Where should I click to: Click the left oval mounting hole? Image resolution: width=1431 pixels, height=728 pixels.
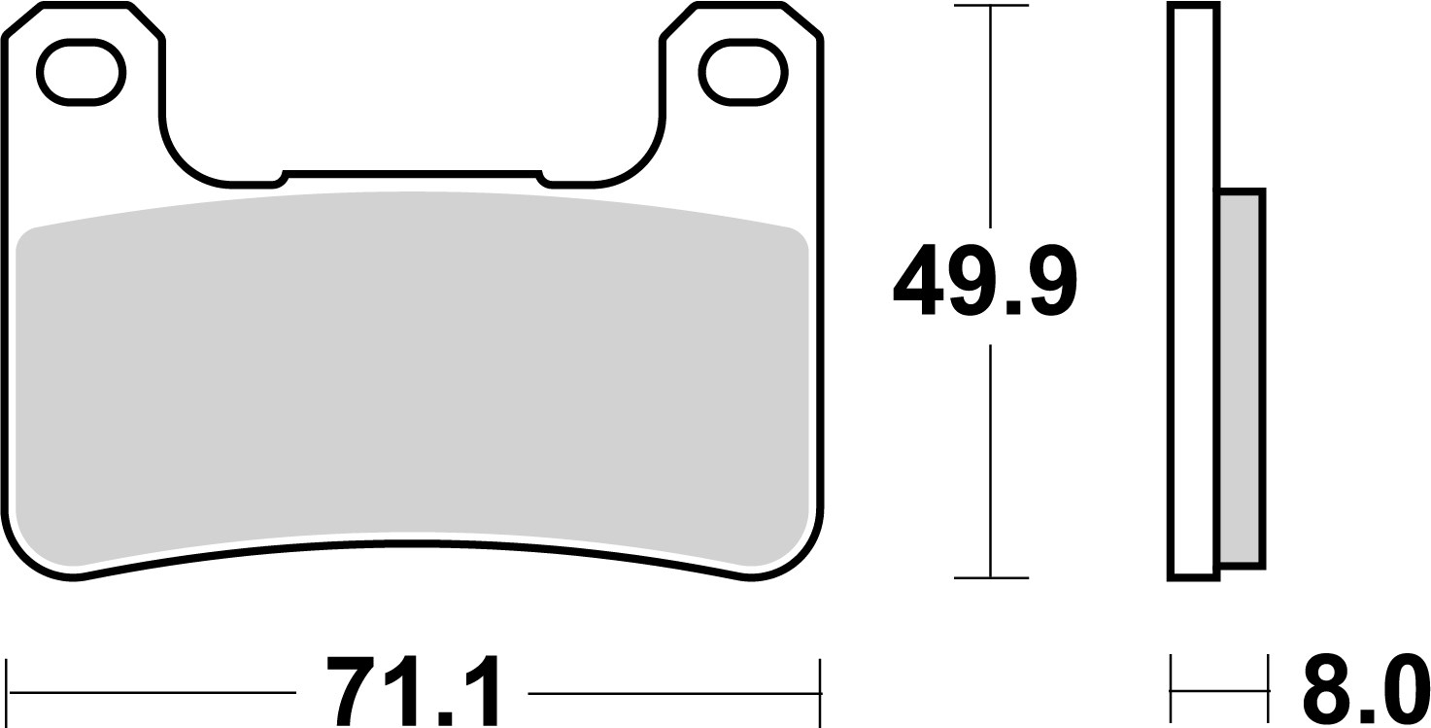81,73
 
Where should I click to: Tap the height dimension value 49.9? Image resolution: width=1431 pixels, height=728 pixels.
985,282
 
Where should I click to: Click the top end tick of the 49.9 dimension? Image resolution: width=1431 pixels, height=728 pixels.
990,7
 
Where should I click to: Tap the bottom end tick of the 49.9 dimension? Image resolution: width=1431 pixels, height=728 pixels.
990,578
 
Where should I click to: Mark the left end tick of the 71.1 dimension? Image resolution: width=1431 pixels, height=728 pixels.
7,693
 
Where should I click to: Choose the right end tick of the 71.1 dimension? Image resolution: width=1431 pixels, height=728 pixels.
821,693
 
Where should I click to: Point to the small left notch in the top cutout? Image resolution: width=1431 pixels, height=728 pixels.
282,178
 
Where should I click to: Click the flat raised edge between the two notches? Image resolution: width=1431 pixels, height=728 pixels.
412,173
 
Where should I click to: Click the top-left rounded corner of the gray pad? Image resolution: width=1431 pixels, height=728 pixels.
29,238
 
